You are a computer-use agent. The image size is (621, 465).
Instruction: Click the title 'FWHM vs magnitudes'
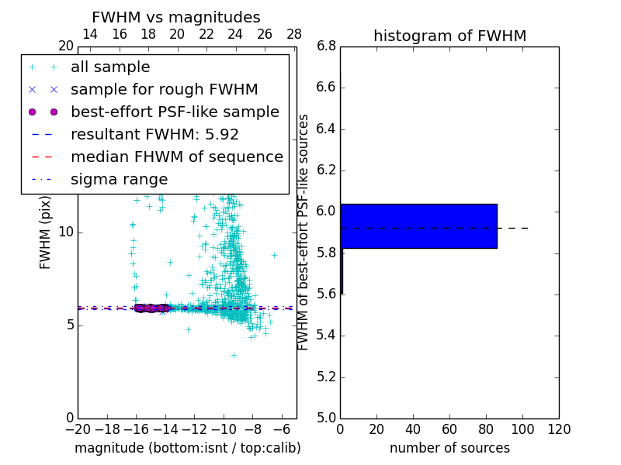pyautogui.click(x=175, y=18)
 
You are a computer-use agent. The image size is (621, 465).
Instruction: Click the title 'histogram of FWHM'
pyautogui.click(x=449, y=36)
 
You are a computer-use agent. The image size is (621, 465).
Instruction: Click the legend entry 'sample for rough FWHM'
pyautogui.click(x=164, y=90)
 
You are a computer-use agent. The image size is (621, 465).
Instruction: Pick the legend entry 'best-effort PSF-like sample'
pyautogui.click(x=175, y=112)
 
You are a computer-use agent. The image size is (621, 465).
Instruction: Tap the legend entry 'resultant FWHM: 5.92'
pyautogui.click(x=154, y=135)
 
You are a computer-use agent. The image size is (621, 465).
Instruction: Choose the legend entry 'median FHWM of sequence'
pyautogui.click(x=176, y=157)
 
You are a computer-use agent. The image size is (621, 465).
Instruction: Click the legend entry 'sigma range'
pyautogui.click(x=119, y=180)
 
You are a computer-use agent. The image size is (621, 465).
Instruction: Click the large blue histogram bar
pyautogui.click(x=418, y=226)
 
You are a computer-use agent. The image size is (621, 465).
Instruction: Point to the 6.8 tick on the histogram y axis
pyautogui.click(x=326, y=46)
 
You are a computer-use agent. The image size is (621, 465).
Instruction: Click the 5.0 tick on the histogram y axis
pyautogui.click(x=326, y=418)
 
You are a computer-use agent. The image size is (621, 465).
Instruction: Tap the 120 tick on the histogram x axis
pyautogui.click(x=559, y=429)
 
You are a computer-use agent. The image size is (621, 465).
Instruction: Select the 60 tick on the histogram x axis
pyautogui.click(x=449, y=429)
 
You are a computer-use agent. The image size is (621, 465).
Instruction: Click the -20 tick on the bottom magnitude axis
pyautogui.click(x=78, y=429)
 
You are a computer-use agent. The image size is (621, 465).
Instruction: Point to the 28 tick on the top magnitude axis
pyautogui.click(x=294, y=35)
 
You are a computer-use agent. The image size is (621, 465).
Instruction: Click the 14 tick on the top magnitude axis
pyautogui.click(x=90, y=35)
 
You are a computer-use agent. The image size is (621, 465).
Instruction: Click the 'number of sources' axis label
pyautogui.click(x=449, y=448)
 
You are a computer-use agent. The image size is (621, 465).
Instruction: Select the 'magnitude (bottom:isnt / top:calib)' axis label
pyautogui.click(x=187, y=448)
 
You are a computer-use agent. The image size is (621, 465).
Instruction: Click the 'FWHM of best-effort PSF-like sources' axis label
pyautogui.click(x=304, y=232)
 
